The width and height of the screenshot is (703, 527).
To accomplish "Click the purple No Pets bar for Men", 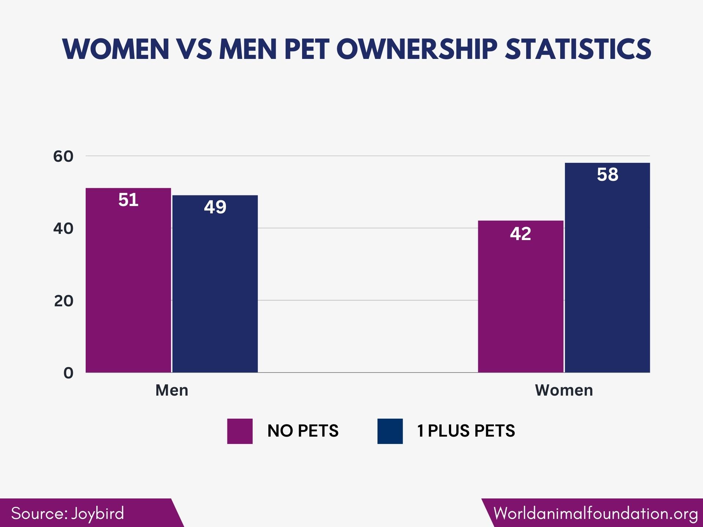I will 128,285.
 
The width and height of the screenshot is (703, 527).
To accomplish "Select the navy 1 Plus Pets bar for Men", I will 215,289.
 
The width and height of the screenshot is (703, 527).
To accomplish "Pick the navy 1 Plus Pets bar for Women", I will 607,274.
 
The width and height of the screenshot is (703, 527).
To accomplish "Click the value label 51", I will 128,200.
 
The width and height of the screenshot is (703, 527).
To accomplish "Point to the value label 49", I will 215,207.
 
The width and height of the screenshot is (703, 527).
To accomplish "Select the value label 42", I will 520,234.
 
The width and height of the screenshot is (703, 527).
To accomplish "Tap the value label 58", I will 607,175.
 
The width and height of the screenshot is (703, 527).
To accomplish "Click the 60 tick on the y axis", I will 63,157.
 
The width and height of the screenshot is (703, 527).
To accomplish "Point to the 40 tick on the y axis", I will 63,229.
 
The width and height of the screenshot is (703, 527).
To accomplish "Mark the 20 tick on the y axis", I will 63,301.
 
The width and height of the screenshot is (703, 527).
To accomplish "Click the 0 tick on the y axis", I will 68,373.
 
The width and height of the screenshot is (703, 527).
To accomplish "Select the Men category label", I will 172,390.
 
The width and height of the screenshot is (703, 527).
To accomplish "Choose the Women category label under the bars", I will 564,390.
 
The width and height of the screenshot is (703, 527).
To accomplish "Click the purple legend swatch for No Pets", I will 240,431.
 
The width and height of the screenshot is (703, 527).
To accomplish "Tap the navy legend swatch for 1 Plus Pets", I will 390,431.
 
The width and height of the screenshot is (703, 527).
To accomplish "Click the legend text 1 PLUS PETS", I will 466,431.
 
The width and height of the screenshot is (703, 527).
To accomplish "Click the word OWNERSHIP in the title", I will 417,49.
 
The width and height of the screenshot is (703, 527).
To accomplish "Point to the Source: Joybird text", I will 68,513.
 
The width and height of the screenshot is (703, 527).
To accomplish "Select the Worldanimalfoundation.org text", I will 595,513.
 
